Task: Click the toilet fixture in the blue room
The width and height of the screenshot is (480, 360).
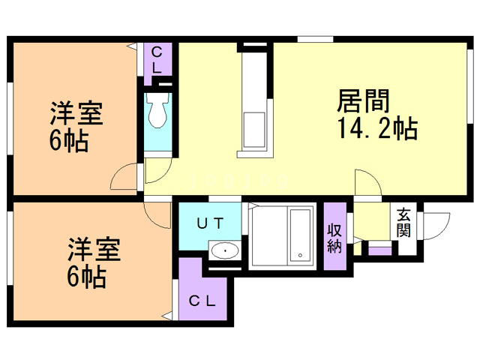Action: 157,109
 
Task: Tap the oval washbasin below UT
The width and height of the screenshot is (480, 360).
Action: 225,250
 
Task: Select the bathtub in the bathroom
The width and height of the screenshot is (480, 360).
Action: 300,235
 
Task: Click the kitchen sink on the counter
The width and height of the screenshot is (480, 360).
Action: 253,130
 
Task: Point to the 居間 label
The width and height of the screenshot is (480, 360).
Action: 363,100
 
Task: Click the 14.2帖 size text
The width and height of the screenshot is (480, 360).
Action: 377,128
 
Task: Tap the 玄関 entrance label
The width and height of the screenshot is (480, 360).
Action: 403,223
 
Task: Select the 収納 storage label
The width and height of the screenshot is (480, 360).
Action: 334,238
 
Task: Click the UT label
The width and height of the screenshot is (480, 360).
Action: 210,223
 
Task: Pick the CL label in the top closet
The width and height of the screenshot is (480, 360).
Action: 157,60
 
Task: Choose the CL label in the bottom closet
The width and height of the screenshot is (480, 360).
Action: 202,301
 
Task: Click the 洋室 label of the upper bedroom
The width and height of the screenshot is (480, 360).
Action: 76,112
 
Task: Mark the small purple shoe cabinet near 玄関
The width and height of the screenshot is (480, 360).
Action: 380,250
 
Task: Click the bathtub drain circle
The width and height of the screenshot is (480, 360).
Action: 300,255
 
